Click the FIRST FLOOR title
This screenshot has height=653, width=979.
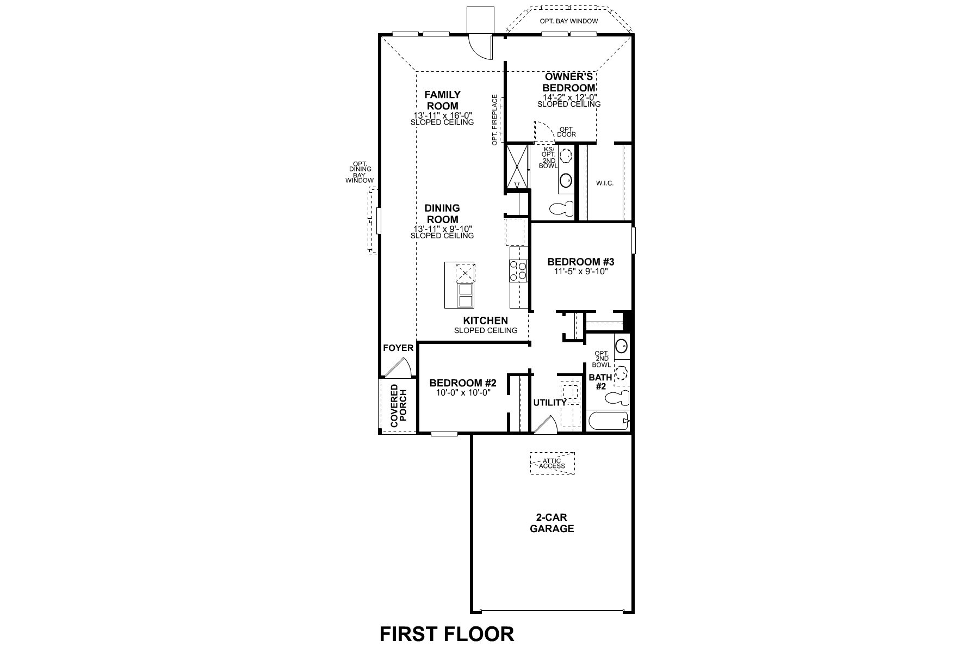[x=446, y=634]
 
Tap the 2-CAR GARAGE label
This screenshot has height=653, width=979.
[x=552, y=523]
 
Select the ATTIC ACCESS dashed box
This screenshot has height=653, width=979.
[x=552, y=464]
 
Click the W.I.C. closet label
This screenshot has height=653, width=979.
[x=604, y=183]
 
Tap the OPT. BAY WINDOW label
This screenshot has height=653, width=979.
[x=568, y=21]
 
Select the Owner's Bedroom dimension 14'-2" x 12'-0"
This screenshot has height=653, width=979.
[x=569, y=97]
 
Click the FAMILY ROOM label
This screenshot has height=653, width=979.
[x=442, y=100]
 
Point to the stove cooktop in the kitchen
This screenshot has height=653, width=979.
[x=518, y=271]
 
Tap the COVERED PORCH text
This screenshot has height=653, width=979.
[x=398, y=406]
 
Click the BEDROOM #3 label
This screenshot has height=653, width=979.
[x=580, y=262]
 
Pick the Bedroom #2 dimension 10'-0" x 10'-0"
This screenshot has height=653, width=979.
[x=463, y=392]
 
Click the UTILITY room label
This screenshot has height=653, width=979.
[x=549, y=403]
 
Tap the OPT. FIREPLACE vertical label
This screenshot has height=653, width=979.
[x=494, y=120]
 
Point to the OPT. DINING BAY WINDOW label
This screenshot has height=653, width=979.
[x=360, y=172]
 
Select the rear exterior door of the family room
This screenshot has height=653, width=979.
[x=481, y=44]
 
